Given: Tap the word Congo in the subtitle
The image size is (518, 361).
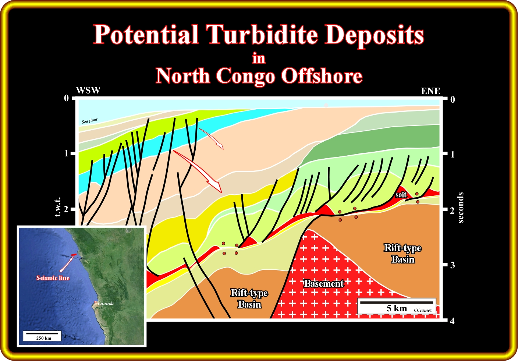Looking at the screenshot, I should (x=245, y=76).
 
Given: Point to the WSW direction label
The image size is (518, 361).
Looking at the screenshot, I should (x=88, y=91).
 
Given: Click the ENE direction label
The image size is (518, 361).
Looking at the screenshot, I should (x=430, y=91).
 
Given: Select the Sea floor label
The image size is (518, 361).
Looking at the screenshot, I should (x=89, y=121).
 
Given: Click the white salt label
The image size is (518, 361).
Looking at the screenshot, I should (x=401, y=195).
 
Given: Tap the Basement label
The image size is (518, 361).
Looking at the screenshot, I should (x=323, y=283).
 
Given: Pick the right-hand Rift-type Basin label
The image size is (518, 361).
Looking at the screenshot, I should (x=403, y=254).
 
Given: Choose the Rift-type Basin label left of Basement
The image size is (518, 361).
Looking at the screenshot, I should (x=249, y=298).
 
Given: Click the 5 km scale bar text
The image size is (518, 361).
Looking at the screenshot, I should (x=397, y=308).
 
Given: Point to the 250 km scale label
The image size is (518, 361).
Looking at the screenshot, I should (x=43, y=338).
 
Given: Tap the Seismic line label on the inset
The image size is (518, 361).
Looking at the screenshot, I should (x=53, y=278).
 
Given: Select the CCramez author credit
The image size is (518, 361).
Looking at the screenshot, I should (x=422, y=310).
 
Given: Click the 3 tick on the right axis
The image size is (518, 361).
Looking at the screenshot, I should (x=453, y=265).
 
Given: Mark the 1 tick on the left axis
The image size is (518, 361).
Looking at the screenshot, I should (x=67, y=153).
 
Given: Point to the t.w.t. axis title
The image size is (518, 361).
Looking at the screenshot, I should (x=57, y=207).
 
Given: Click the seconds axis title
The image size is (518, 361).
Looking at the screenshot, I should (x=461, y=208).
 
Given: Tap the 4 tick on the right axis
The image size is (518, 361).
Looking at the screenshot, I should (x=453, y=321).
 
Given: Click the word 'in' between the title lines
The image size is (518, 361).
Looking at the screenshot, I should (x=259, y=58).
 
